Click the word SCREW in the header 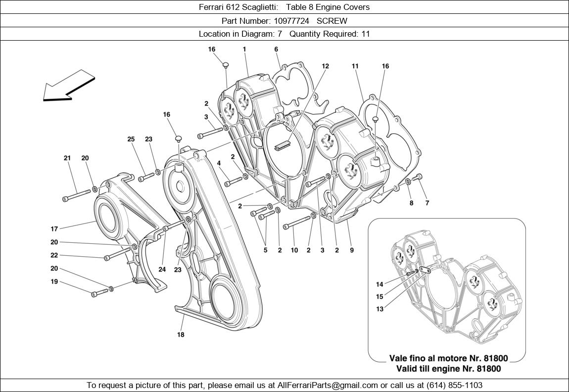pos(332,21)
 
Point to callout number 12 pos(325,66)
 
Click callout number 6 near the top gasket pos(276,49)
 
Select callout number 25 pos(131,139)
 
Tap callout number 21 pos(67,158)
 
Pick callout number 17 pos(54,229)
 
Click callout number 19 pos(54,281)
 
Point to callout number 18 pos(181,335)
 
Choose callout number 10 pos(294,250)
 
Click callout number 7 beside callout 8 pos(427,203)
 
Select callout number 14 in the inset pos(379,284)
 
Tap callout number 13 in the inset pos(379,309)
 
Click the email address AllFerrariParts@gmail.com pos(328,385)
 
